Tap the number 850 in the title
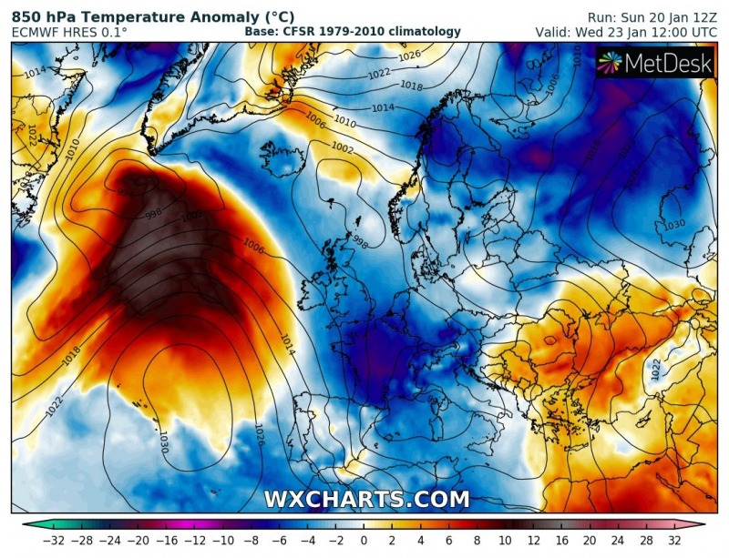click(x=28, y=15)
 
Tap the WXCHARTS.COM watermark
click(x=366, y=499)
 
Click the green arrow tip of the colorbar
click(x=26, y=525)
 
